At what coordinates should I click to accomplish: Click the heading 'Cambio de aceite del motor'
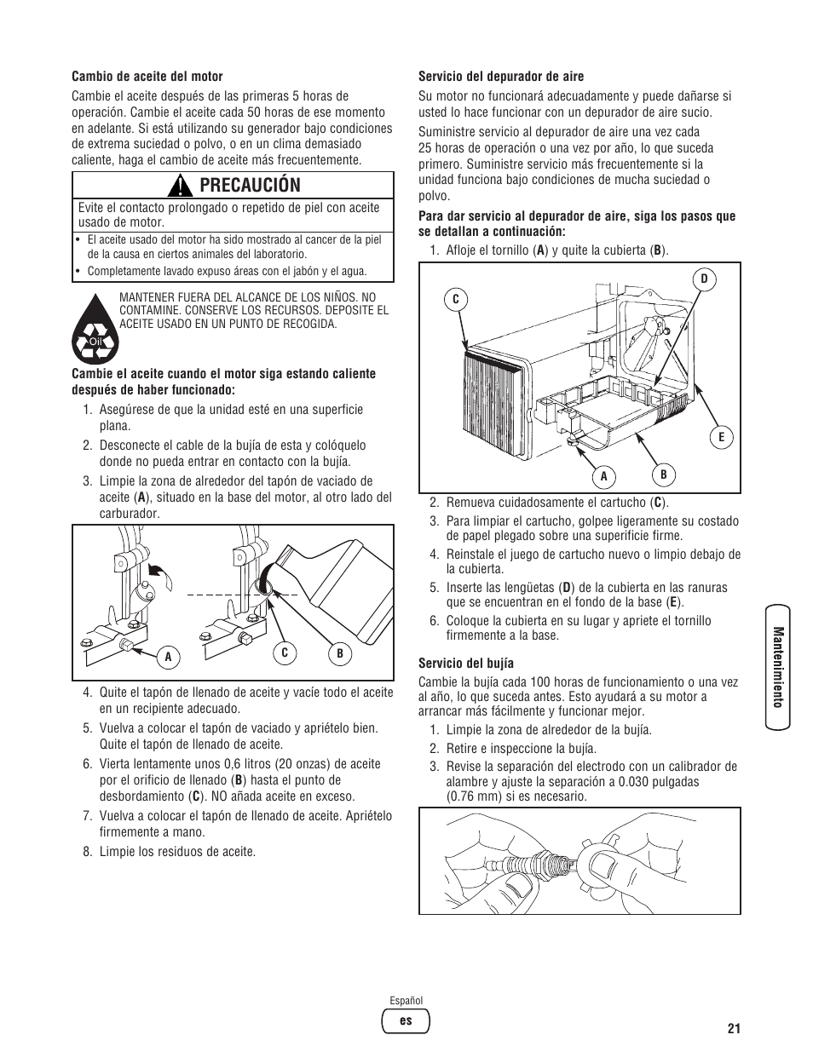coord(147,77)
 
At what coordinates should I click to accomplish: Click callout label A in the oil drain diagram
coord(168,656)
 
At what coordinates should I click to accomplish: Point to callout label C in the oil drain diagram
coord(285,653)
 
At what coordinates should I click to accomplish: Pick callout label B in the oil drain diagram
coord(339,653)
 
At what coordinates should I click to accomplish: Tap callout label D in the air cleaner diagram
coord(704,279)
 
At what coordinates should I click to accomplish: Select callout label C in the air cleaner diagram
coord(456,299)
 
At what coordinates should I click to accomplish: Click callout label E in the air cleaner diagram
coord(721,437)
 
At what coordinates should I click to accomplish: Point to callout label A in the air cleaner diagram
coord(603,477)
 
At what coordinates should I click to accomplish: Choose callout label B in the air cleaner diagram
coord(662,474)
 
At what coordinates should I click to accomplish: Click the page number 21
coord(734,1028)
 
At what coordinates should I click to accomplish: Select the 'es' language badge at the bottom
coord(406,1020)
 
